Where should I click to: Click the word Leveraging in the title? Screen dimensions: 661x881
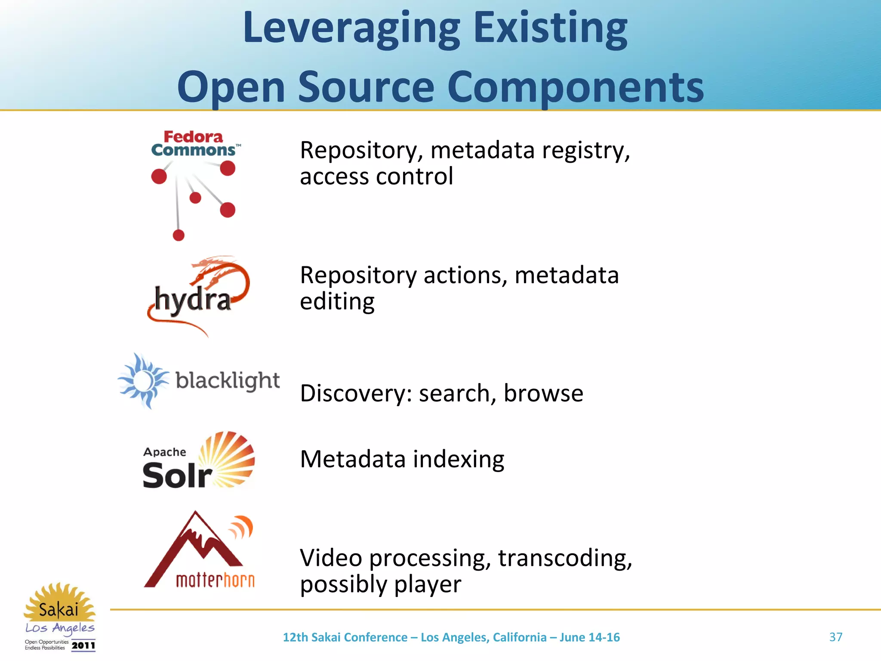[351, 29]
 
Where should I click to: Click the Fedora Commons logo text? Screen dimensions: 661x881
[194, 144]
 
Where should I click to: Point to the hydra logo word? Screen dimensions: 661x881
[193, 299]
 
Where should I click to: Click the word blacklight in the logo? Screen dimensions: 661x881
[228, 380]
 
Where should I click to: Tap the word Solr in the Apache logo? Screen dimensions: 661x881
[177, 475]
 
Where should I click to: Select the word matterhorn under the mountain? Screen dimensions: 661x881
[215, 580]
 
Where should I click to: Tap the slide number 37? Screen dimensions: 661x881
[835, 637]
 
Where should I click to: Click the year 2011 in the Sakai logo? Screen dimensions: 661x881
[83, 646]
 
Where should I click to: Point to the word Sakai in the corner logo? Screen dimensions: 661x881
[59, 609]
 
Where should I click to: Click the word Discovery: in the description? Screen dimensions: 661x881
[356, 393]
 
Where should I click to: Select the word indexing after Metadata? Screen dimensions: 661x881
[459, 459]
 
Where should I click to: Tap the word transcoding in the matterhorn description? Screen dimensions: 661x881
[565, 558]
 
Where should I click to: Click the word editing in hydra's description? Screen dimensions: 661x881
[337, 301]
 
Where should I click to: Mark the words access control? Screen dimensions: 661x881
[376, 176]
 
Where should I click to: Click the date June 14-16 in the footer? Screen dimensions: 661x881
[589, 637]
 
